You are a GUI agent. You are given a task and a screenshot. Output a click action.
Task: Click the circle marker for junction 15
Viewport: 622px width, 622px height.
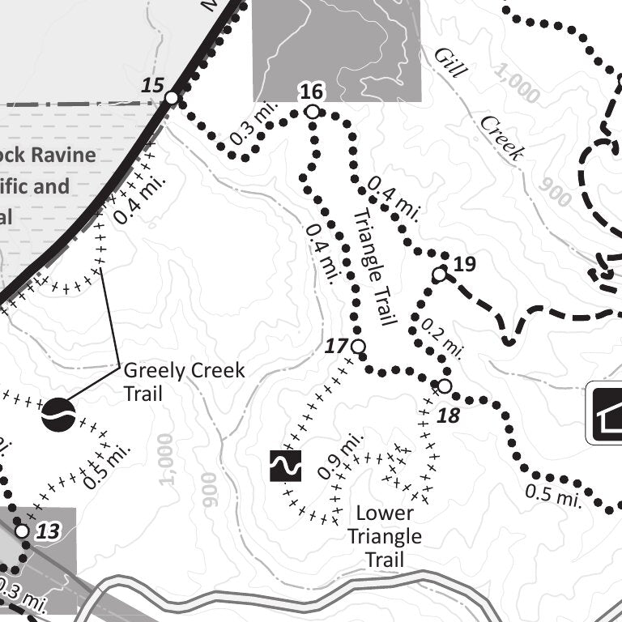(172, 98)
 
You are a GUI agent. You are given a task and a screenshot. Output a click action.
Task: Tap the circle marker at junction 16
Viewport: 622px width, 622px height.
(312, 112)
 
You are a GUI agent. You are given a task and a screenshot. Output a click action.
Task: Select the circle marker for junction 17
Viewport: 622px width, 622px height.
(359, 347)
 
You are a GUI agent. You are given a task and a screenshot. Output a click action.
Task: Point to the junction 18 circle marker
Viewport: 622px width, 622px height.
(444, 386)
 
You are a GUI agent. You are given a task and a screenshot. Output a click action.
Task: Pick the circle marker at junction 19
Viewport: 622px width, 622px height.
(440, 275)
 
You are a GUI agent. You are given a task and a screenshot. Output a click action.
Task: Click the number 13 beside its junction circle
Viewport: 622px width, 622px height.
(49, 531)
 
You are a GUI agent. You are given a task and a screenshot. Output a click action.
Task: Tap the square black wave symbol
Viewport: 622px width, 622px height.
(285, 466)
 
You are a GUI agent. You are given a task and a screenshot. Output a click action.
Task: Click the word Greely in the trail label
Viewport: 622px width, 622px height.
(154, 371)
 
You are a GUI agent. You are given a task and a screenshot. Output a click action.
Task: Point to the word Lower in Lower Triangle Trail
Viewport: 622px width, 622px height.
(385, 513)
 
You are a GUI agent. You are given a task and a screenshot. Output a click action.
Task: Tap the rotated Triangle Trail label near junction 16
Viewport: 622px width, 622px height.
(374, 267)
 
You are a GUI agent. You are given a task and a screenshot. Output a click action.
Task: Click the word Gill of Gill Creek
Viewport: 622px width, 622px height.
(450, 62)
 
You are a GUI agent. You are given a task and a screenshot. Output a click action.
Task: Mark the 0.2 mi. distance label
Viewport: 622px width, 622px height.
(441, 338)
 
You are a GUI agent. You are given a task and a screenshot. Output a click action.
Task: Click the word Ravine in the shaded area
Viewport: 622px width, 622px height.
(62, 155)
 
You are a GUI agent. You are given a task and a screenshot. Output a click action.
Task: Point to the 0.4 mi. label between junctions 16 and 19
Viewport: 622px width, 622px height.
(394, 199)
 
